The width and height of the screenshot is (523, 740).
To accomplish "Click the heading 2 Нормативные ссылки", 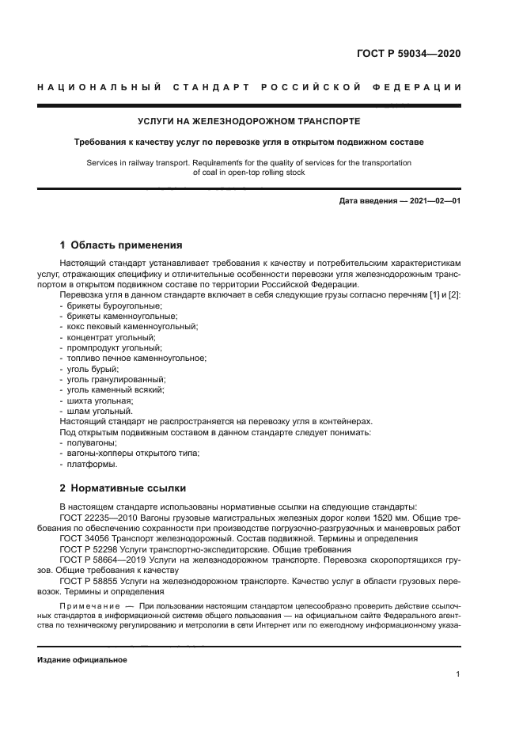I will [x=123, y=488].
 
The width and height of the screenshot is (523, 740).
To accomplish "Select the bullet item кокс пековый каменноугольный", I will [x=131, y=326].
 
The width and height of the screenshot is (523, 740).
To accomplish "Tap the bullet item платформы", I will [x=94, y=464].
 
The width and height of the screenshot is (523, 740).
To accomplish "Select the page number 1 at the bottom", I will [x=458, y=674].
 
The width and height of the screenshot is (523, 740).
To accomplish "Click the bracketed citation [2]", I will [x=453, y=295].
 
